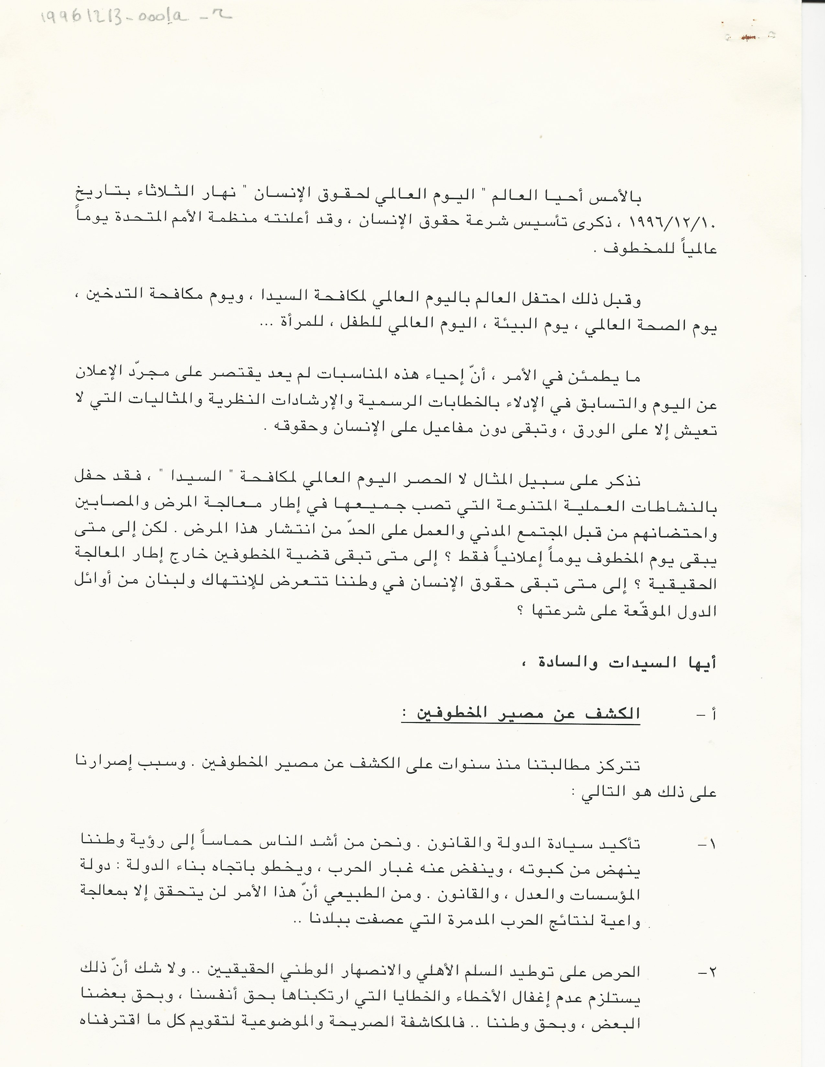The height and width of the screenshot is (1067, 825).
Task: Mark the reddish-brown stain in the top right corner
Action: pyautogui.click(x=746, y=37)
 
